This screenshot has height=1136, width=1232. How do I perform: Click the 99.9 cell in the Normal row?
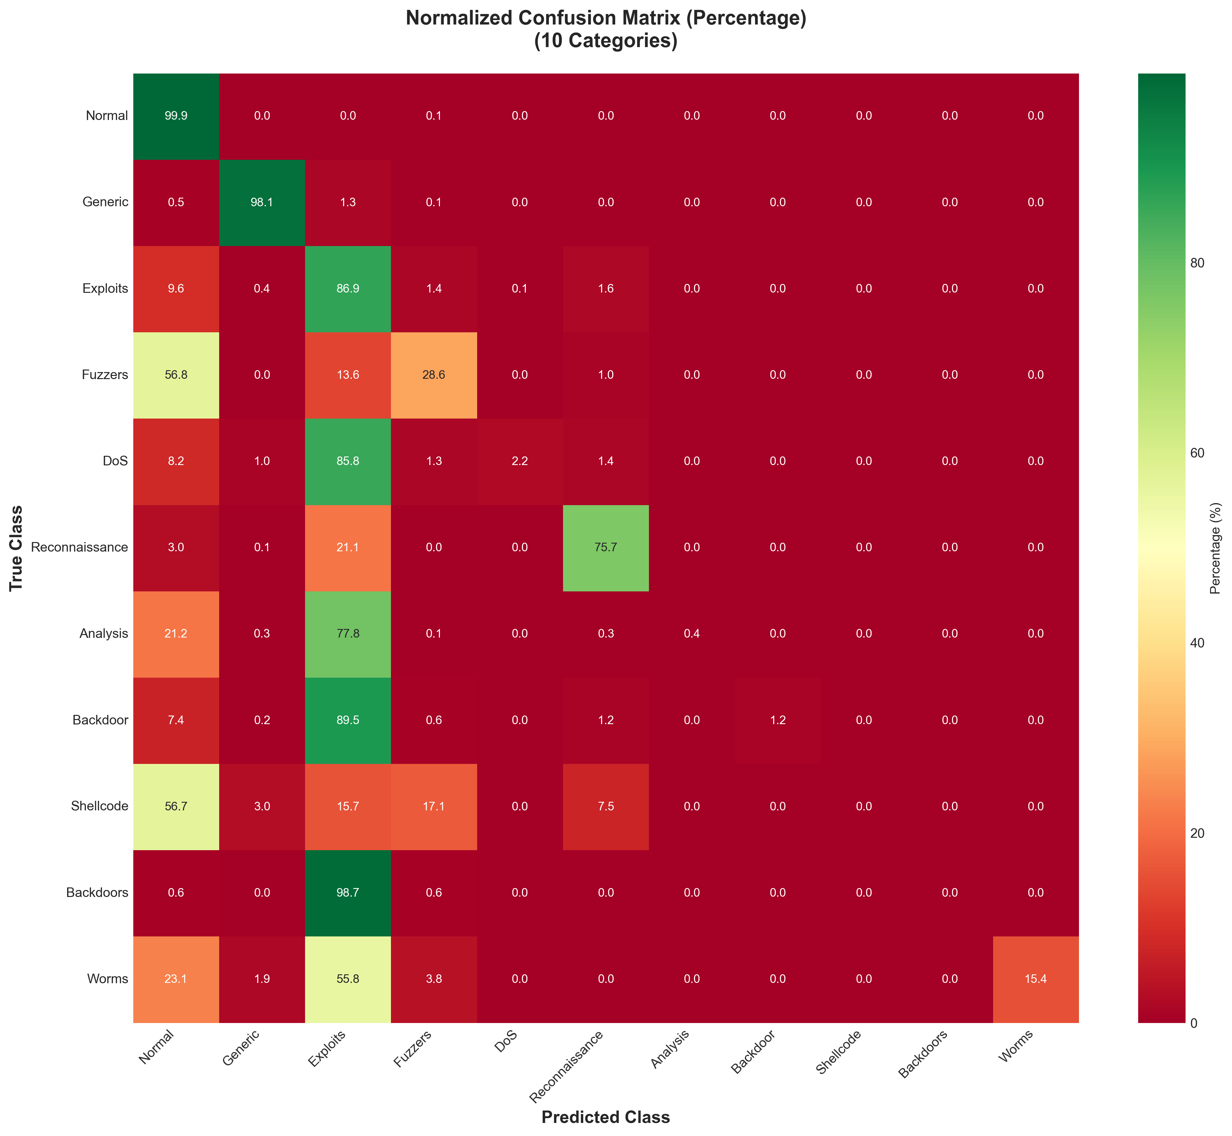(x=176, y=116)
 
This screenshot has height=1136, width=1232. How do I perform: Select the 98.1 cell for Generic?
(x=262, y=202)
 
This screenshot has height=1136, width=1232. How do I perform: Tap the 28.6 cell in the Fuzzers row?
(x=434, y=375)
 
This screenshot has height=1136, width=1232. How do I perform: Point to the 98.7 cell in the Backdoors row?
(x=348, y=893)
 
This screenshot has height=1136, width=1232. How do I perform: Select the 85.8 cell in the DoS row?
(x=348, y=461)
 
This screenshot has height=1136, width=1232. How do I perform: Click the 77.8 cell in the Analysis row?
(x=348, y=634)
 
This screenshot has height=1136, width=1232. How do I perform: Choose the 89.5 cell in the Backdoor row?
(x=348, y=720)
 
